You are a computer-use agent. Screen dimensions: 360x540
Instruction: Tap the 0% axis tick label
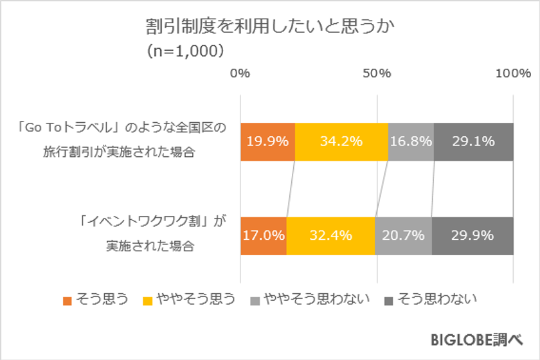240,73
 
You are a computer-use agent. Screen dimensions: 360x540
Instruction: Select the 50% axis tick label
377,73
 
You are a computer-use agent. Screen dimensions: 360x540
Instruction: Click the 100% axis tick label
513,73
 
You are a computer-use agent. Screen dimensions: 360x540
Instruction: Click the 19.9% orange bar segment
267,141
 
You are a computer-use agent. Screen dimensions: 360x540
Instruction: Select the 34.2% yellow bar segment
341,141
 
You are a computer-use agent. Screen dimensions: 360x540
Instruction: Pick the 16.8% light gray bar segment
411,141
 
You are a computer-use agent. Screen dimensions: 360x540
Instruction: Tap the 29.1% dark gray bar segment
474,141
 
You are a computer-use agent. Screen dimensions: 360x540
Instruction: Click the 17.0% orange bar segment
263,235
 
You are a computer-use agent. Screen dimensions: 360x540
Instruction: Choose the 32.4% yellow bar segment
330,235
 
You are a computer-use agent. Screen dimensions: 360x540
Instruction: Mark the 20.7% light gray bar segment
403,235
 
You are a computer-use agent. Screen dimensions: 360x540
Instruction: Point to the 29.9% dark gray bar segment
473,235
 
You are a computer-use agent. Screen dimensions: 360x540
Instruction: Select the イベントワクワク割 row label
150,235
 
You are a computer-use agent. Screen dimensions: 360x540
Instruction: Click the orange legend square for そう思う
67,299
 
